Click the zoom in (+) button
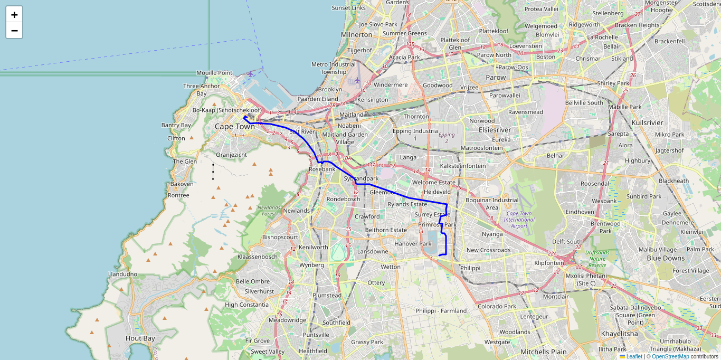(14, 15)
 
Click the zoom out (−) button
(14, 31)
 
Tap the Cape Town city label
(234, 127)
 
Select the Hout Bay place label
(140, 338)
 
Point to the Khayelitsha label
(619, 334)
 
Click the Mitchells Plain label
(543, 352)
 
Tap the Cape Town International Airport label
(519, 220)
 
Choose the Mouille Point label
(214, 73)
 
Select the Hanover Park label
(413, 244)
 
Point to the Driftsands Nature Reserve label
(597, 259)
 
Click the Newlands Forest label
(269, 211)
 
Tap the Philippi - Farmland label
(441, 311)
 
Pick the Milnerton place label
(357, 35)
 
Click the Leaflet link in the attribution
(634, 356)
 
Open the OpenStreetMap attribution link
(670, 356)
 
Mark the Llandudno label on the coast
(122, 274)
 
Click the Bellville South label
(584, 102)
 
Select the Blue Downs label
(666, 258)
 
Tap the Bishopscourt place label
(280, 237)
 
